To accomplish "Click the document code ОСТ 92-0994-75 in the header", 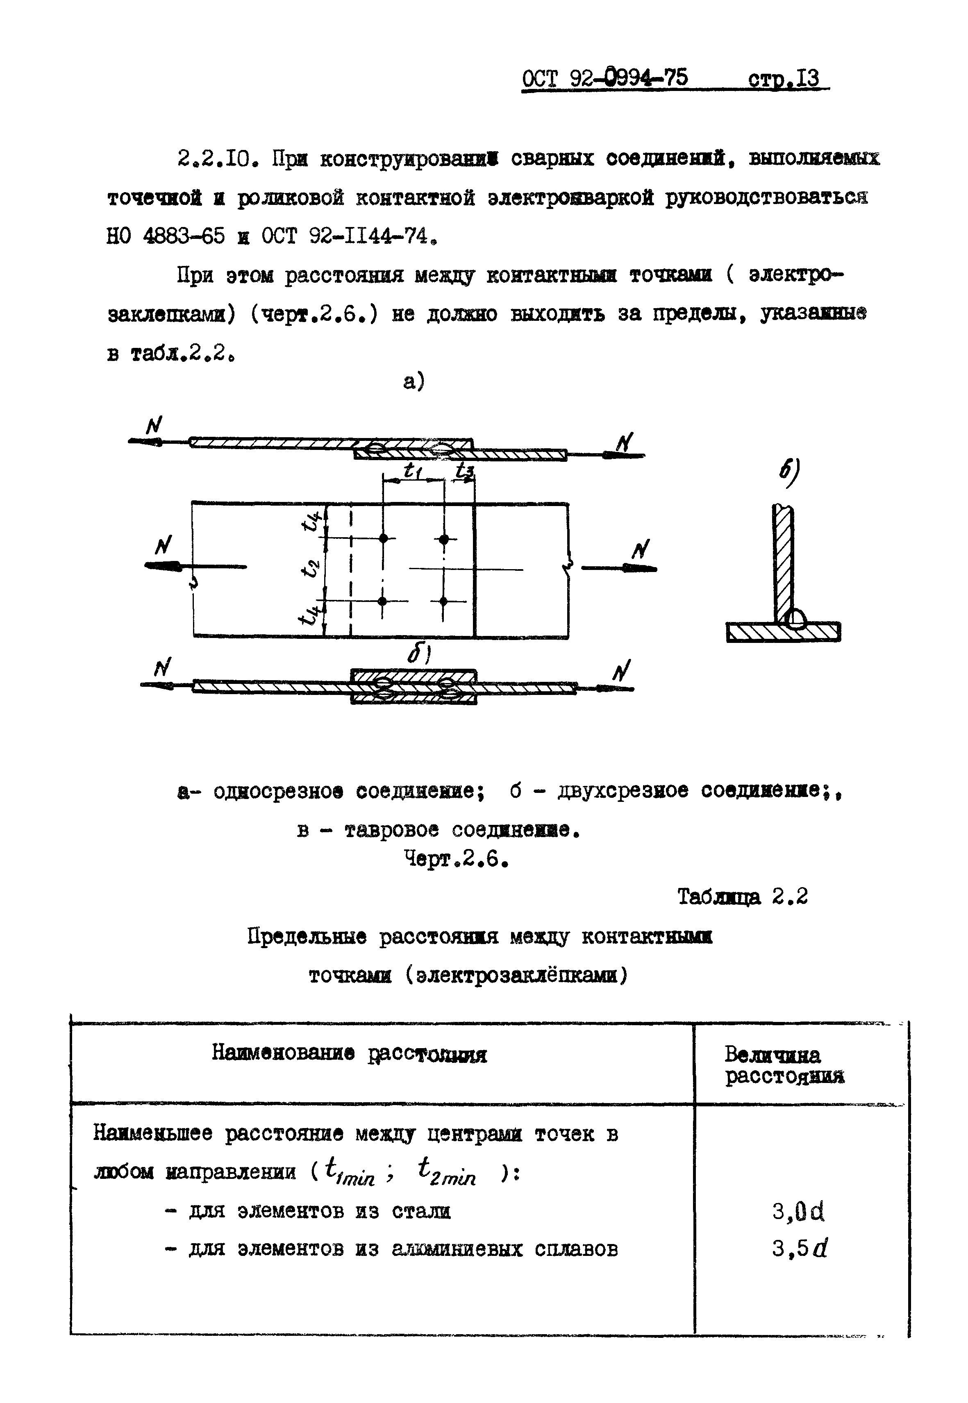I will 605,78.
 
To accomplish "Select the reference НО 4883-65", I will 166,236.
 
